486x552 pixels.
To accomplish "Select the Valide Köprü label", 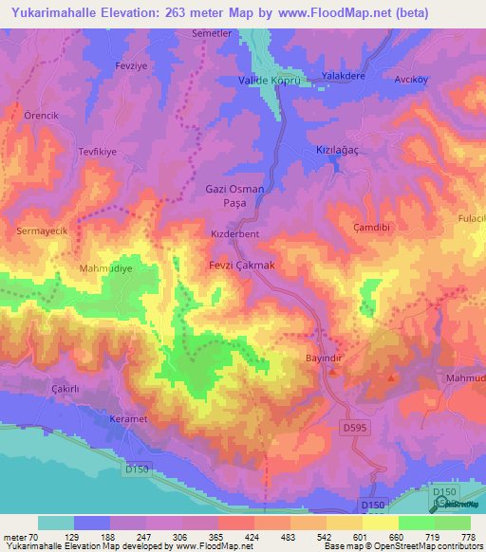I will coord(269,83).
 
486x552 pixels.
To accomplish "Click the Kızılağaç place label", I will coord(340,152).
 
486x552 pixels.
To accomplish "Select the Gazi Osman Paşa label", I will coord(234,196).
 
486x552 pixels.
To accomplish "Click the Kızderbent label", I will coord(234,233).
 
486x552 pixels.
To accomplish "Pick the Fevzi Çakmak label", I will coord(242,266).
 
